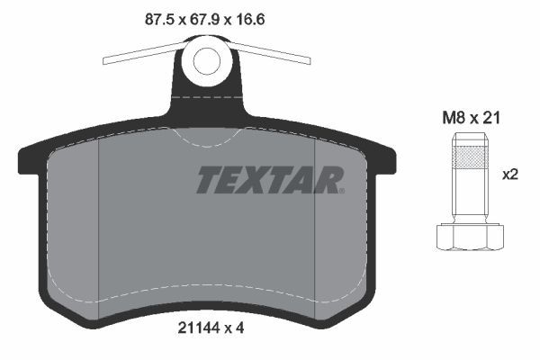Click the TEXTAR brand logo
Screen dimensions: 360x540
point(269,181)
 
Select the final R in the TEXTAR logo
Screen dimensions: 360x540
point(330,181)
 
